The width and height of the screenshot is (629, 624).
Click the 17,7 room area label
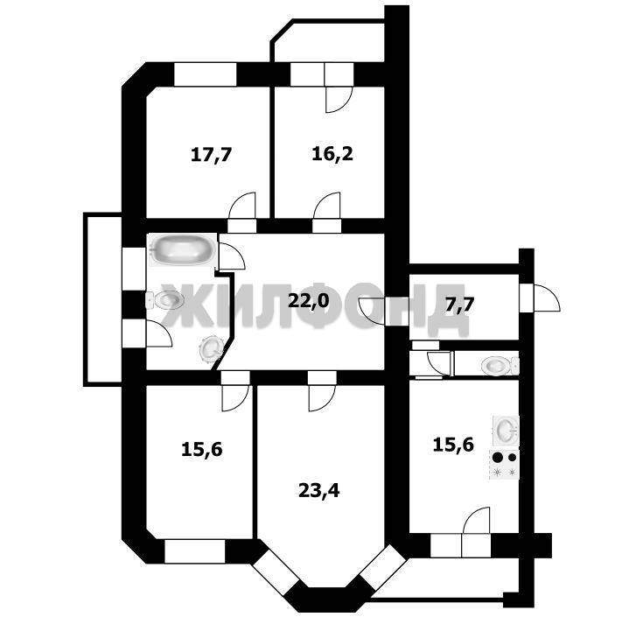tap(212, 155)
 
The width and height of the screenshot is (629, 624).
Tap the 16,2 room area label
tap(332, 154)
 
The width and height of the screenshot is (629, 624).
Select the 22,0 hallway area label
tap(309, 300)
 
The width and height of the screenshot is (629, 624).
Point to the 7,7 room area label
tap(459, 305)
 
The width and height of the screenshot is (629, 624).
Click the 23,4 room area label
tap(319, 490)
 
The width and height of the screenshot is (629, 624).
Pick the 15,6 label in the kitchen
tap(453, 445)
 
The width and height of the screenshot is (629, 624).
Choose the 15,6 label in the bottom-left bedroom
tap(202, 449)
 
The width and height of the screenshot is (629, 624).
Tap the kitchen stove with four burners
tap(504, 465)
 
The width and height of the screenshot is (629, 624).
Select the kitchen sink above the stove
tap(506, 431)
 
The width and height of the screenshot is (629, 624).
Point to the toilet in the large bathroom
tap(164, 300)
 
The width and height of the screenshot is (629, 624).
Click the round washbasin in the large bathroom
tap(211, 348)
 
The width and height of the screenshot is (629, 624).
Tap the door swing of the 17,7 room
tap(242, 206)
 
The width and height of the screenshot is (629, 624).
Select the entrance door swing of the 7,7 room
tap(546, 298)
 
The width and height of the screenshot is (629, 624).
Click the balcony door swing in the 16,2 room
tap(339, 99)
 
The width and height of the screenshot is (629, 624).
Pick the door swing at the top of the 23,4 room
tap(322, 398)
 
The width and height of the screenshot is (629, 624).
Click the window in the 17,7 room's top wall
tap(206, 74)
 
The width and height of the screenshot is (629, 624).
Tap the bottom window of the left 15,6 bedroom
tap(194, 551)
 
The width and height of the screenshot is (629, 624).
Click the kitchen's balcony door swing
tap(476, 521)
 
